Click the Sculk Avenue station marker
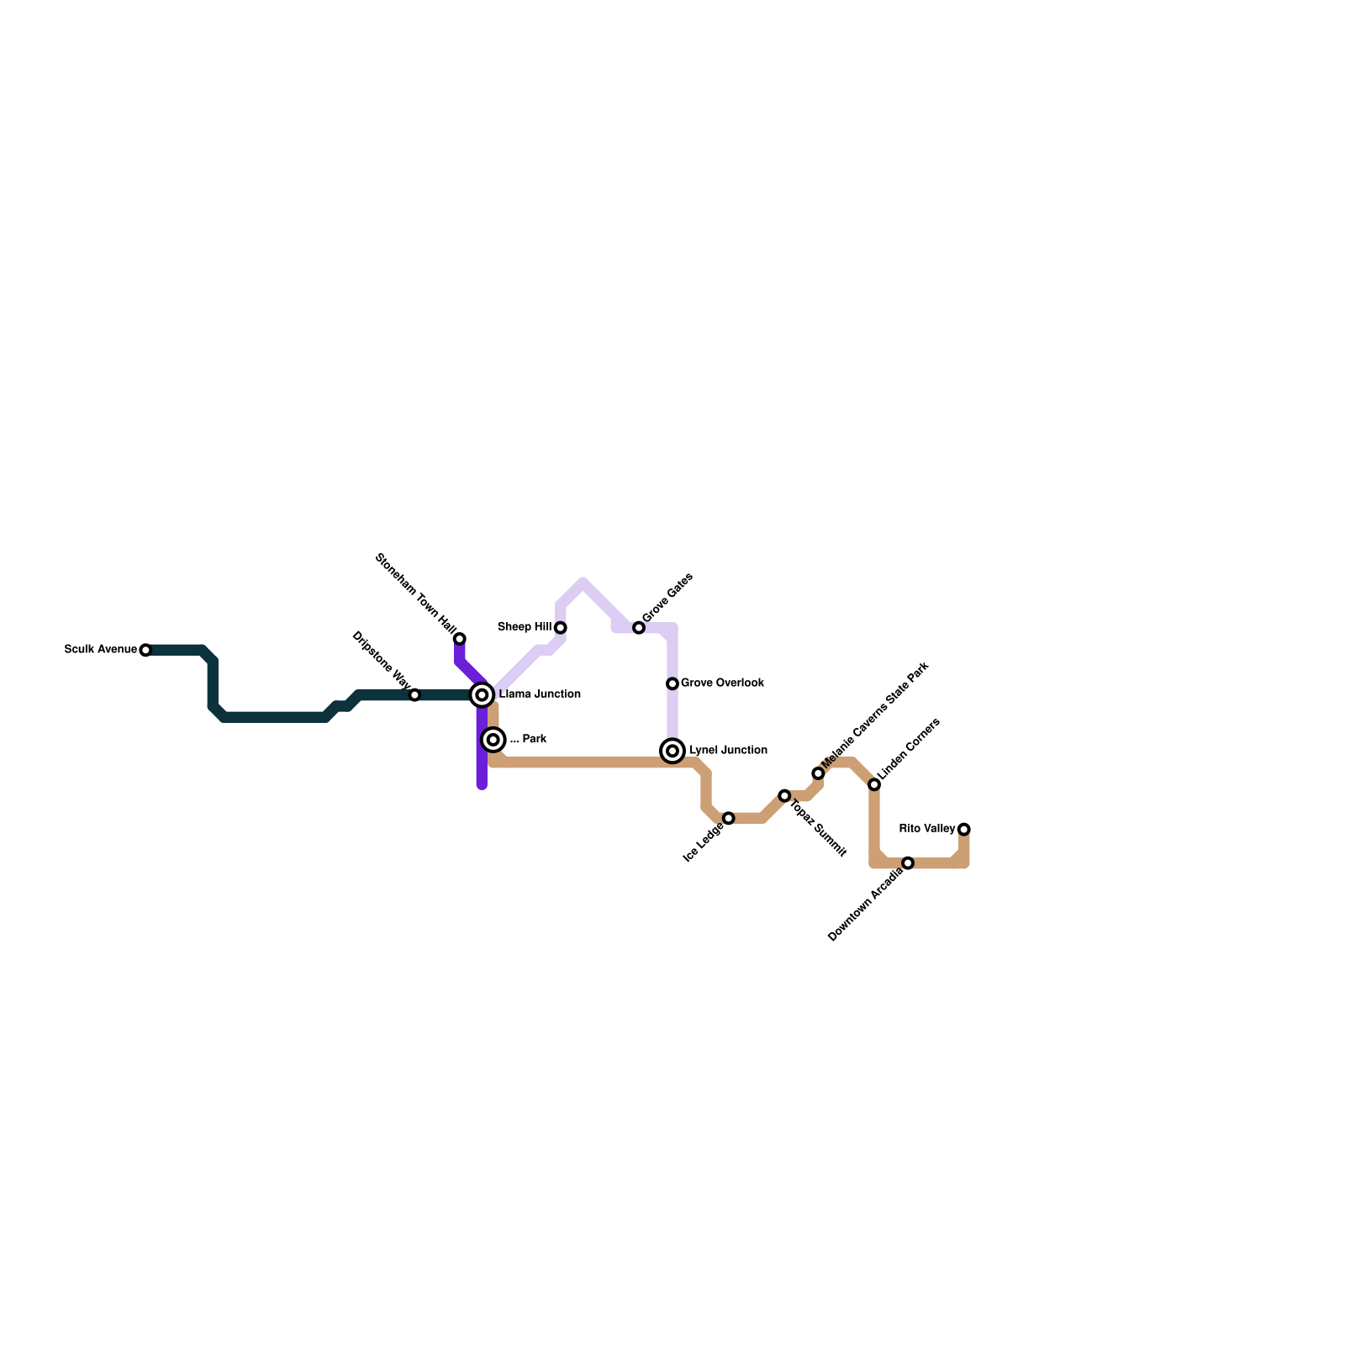click(145, 650)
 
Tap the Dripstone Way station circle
click(414, 695)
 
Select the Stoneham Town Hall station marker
click(460, 639)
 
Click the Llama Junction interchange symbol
click(482, 694)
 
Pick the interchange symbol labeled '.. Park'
click(494, 740)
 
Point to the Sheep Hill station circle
click(561, 628)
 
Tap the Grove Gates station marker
click(639, 628)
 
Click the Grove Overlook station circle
click(672, 684)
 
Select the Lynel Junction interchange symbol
click(672, 751)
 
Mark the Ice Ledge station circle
click(729, 818)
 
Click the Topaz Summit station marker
click(784, 795)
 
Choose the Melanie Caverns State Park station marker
click(818, 773)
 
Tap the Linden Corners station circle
click(874, 784)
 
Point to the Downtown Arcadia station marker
click(908, 863)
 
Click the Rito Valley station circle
click(964, 830)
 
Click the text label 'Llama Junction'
click(540, 694)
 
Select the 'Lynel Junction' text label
click(728, 750)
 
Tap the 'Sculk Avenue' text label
click(101, 650)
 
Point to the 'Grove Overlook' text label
click(722, 683)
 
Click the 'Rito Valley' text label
click(927, 829)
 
